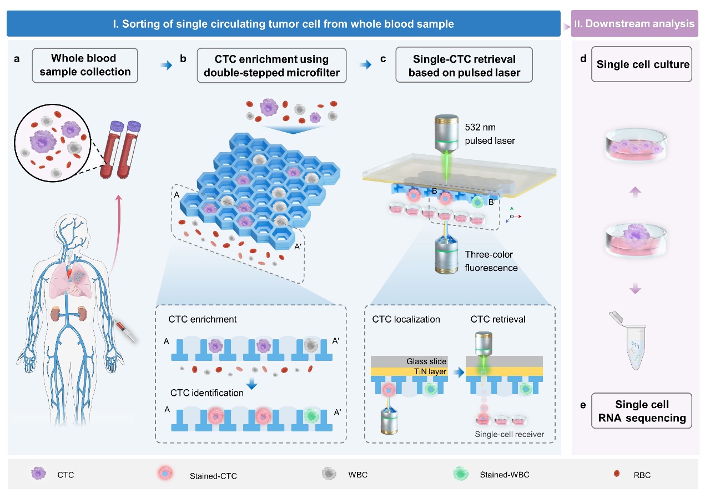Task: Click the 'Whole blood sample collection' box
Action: (84, 65)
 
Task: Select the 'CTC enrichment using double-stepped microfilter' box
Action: (271, 65)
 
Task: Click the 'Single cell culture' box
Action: (642, 65)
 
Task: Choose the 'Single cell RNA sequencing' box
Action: (642, 410)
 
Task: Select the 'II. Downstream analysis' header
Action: (634, 24)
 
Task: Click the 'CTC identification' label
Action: (207, 393)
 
